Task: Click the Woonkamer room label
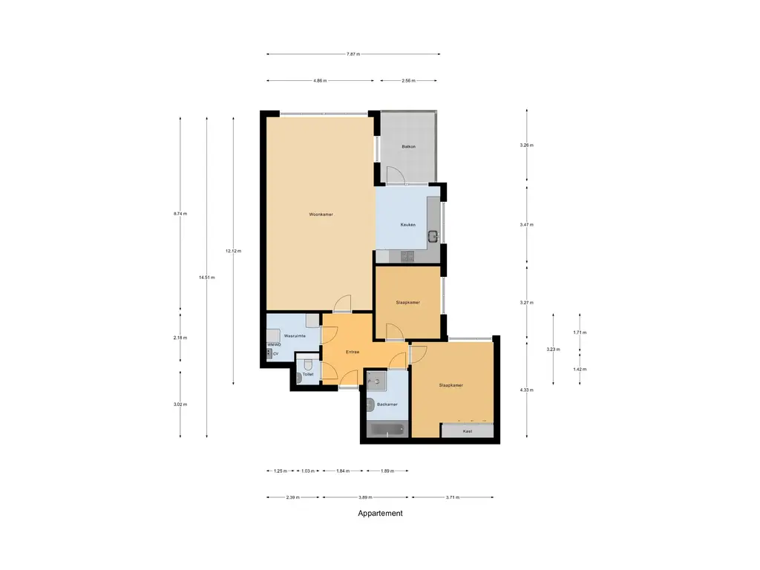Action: click(x=321, y=214)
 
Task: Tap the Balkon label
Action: click(x=408, y=146)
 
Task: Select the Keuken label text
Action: click(x=407, y=224)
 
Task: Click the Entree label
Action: click(x=352, y=352)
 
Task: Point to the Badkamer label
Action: click(x=387, y=404)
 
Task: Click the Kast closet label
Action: click(x=468, y=430)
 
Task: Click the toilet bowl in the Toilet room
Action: click(x=299, y=378)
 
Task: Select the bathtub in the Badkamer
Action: click(x=387, y=429)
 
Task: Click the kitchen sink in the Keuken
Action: click(x=433, y=237)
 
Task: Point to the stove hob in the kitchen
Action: click(x=407, y=256)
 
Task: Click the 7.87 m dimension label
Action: click(x=353, y=54)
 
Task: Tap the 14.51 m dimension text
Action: click(x=206, y=278)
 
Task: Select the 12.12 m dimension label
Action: click(x=233, y=251)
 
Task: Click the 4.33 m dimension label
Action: click(x=527, y=390)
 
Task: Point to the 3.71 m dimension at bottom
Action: click(x=453, y=497)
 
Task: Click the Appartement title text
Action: click(x=380, y=513)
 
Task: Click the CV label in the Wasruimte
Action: click(x=275, y=354)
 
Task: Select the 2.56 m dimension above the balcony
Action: click(x=408, y=80)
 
